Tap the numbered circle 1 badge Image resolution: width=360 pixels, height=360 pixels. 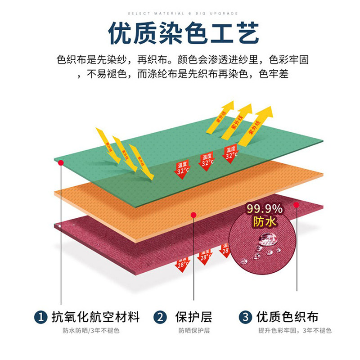point(41,317)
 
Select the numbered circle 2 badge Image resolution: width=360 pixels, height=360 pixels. point(160,317)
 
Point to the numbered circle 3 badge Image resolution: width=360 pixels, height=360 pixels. point(245,317)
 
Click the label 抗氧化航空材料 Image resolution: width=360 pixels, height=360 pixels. point(96,317)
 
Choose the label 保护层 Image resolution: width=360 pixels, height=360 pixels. point(193,317)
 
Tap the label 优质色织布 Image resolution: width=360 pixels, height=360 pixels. point(287,317)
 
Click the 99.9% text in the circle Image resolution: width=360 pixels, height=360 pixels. point(265,209)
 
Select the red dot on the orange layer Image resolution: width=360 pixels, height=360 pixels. point(193,215)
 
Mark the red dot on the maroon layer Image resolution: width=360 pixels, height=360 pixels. point(296,205)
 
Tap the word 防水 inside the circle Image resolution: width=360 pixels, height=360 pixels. point(264,222)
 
